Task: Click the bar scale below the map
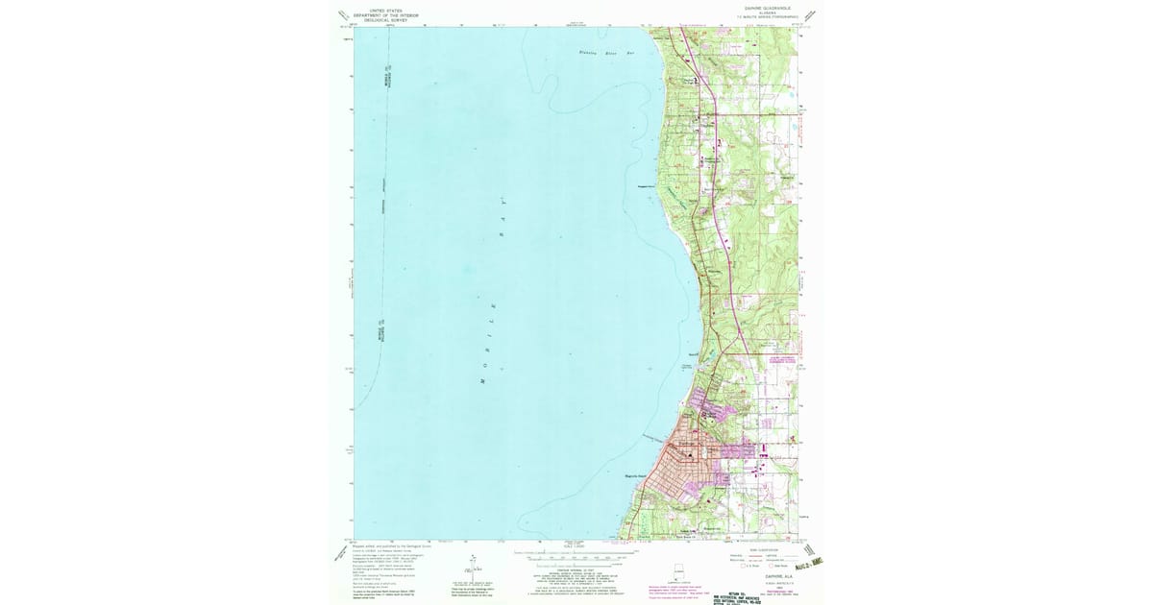coord(576,555)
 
